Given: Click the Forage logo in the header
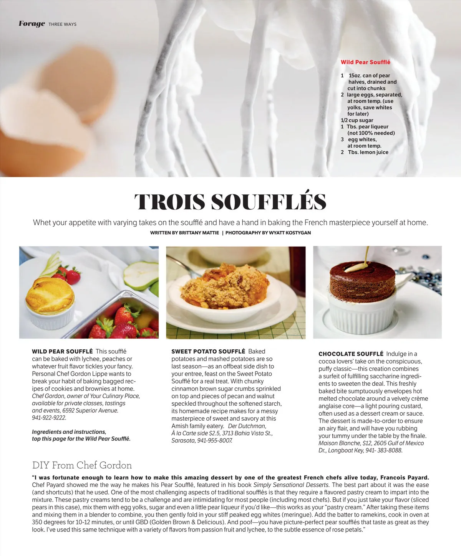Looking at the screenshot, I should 32,24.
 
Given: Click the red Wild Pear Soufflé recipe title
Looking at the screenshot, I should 365,62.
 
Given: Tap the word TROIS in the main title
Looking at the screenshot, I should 169,202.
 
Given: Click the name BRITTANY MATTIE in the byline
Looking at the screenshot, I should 199,233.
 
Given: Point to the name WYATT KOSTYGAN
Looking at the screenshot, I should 290,233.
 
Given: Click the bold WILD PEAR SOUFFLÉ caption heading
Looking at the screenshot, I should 62,351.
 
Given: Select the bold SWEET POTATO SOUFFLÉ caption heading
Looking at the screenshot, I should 208,351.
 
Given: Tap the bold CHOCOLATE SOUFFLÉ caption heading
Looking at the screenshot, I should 351,354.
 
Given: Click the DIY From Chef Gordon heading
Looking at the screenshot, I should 82,465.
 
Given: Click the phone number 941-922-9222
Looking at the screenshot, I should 49,418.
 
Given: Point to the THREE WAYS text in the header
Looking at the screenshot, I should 62,24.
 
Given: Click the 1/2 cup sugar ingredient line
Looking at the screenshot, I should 357,120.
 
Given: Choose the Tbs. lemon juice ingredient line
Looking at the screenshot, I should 368,152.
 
